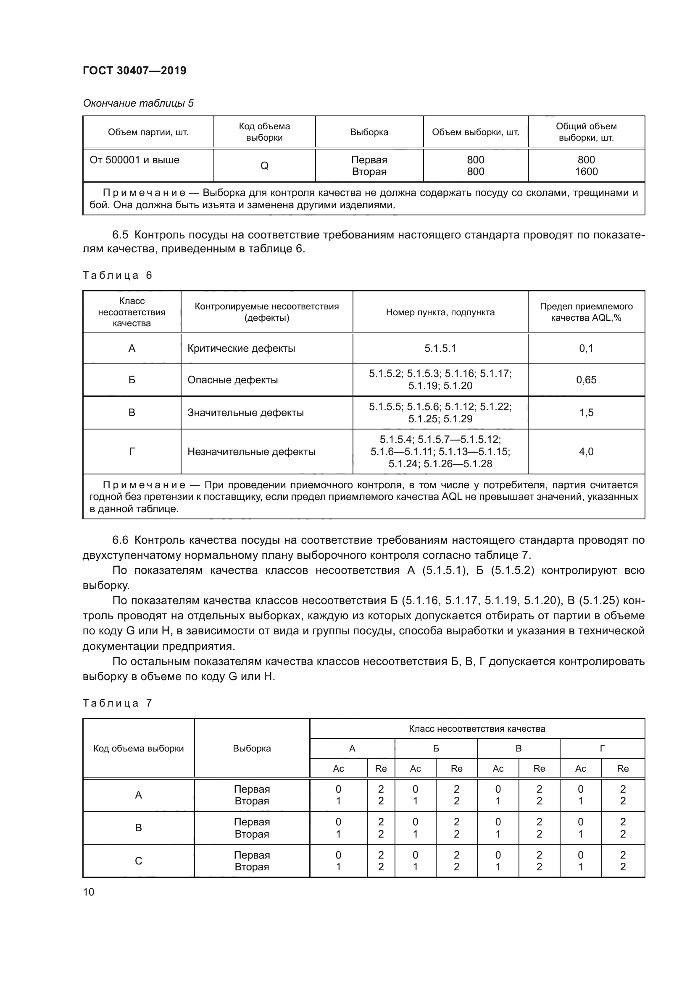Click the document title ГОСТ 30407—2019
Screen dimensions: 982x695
click(x=134, y=71)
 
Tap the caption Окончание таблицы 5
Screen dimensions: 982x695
click(x=138, y=103)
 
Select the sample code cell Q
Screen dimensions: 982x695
click(x=264, y=166)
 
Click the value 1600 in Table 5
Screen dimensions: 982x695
click(x=586, y=172)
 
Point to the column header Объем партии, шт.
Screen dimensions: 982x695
click(x=148, y=132)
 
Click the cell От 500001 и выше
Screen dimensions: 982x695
click(x=134, y=160)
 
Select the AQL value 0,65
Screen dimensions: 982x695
click(x=586, y=380)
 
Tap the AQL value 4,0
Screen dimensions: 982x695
click(x=586, y=452)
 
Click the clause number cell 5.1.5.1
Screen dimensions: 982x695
click(x=440, y=348)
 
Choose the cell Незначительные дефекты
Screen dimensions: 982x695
click(x=251, y=452)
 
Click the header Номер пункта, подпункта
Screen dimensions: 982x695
click(x=440, y=312)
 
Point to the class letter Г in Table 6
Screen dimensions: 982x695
click(x=132, y=452)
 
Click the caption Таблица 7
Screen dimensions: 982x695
click(x=117, y=703)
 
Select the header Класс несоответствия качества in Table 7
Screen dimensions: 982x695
click(x=477, y=729)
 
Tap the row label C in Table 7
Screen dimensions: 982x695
click(x=138, y=861)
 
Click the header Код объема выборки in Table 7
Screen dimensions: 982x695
click(x=138, y=749)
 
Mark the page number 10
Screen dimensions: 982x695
click(x=89, y=892)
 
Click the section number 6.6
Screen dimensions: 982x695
click(x=120, y=540)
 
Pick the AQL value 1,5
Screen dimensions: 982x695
click(x=586, y=413)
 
